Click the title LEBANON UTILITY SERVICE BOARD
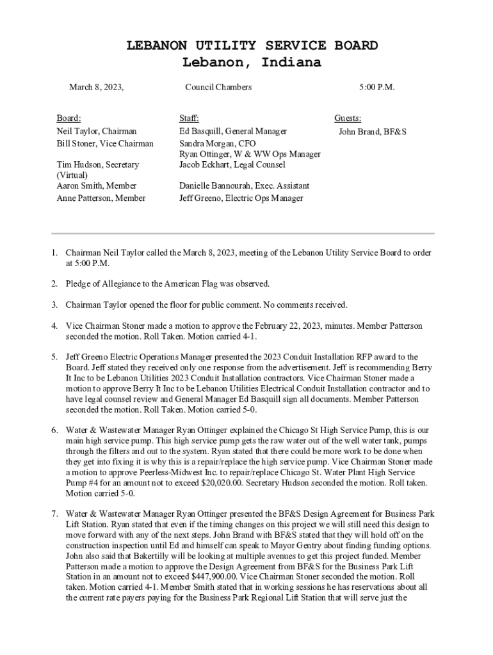point(252,46)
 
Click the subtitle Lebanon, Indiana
point(252,63)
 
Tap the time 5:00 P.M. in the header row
point(376,87)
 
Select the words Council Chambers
point(218,87)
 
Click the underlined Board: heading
point(69,118)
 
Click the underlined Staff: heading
point(189,118)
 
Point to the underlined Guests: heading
point(348,118)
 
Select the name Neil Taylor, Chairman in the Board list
point(97,131)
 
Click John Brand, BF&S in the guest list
point(373,132)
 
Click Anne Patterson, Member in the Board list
point(101,198)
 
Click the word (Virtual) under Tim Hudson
point(72,175)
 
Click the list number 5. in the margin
point(56,357)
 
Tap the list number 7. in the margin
point(56,513)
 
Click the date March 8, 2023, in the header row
point(96,87)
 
